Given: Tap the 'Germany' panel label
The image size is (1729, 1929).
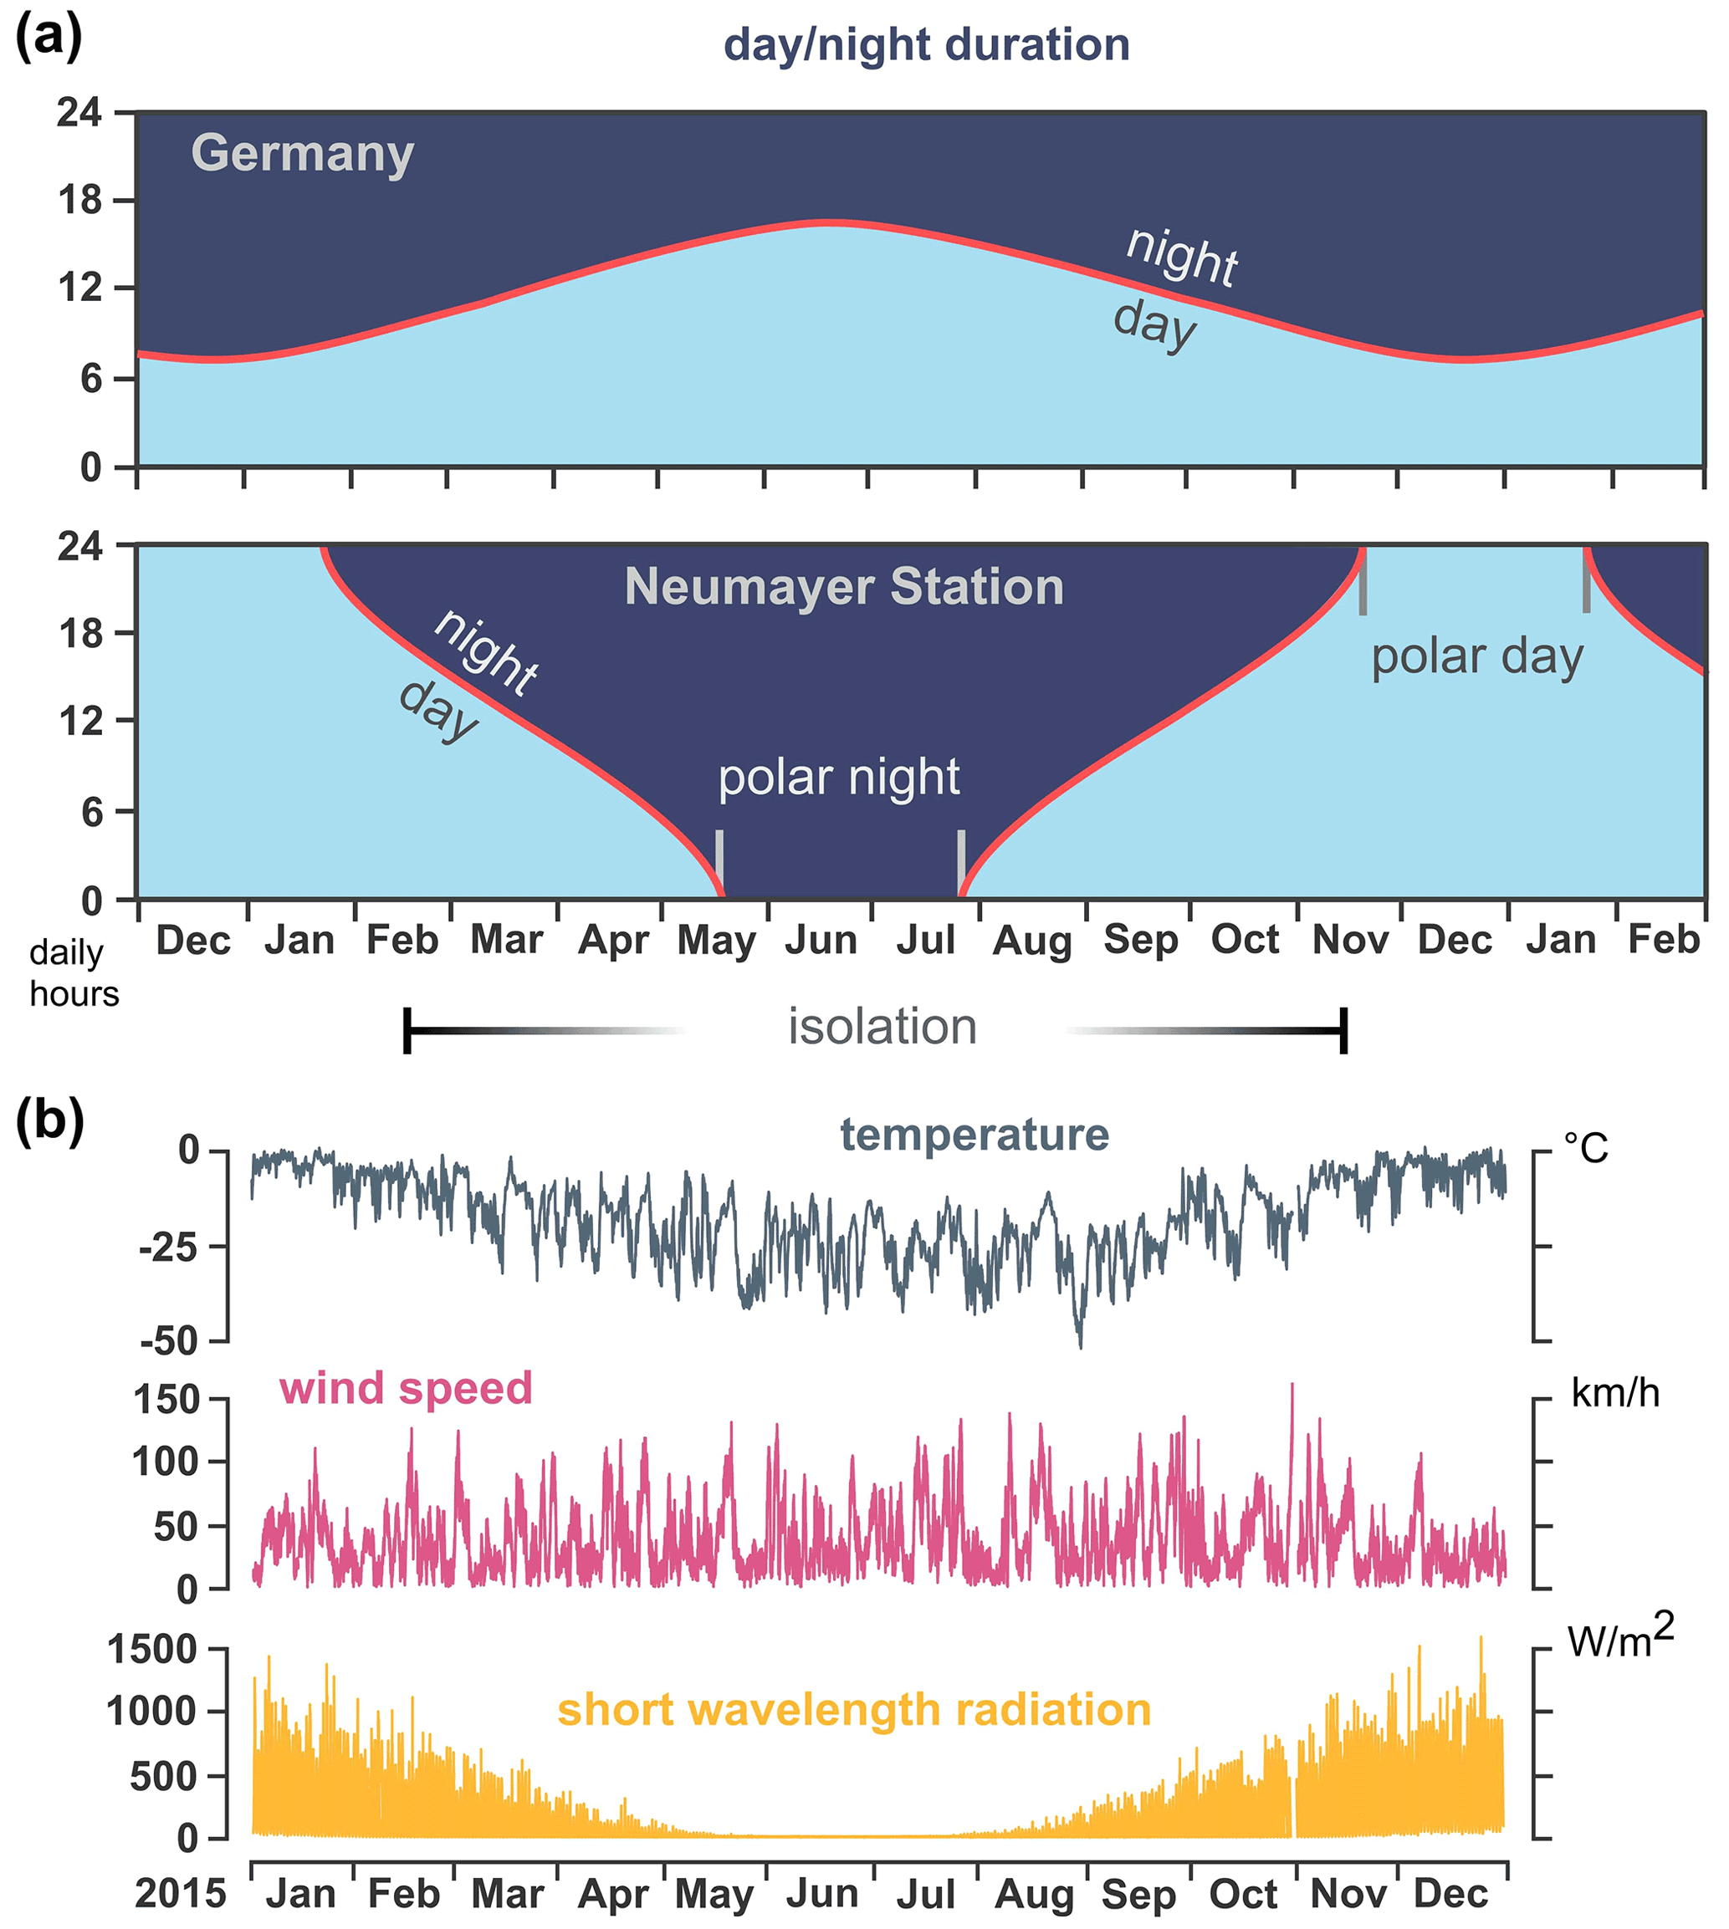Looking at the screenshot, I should pos(302,154).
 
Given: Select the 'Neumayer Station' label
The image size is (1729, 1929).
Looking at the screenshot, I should pos(844,586).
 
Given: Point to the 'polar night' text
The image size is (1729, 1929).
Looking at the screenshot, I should pos(838,778).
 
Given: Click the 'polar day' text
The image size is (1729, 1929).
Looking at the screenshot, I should pos(1476,656).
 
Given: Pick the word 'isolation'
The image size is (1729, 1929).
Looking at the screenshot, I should pos(882,1027).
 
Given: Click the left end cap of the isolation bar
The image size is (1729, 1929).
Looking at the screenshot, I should pos(407,1030).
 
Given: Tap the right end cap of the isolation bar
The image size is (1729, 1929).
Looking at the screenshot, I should pos(1343,1030).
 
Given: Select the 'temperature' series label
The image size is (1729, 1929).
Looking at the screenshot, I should pos(974,1135).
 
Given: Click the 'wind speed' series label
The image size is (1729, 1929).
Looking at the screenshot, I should pos(406,1389).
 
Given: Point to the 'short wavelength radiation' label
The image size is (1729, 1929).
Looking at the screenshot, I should pos(853,1710).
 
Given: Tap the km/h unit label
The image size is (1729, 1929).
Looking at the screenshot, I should pos(1615,1393).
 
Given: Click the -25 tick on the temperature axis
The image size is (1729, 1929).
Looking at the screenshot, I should pos(168,1247).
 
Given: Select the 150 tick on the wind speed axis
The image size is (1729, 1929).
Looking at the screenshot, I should pos(166,1400).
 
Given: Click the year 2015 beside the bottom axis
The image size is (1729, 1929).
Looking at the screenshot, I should pos(181,1894).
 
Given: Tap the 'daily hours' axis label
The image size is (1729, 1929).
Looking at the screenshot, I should pos(73,972).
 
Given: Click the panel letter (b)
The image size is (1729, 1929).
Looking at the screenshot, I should pos(49,1120).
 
